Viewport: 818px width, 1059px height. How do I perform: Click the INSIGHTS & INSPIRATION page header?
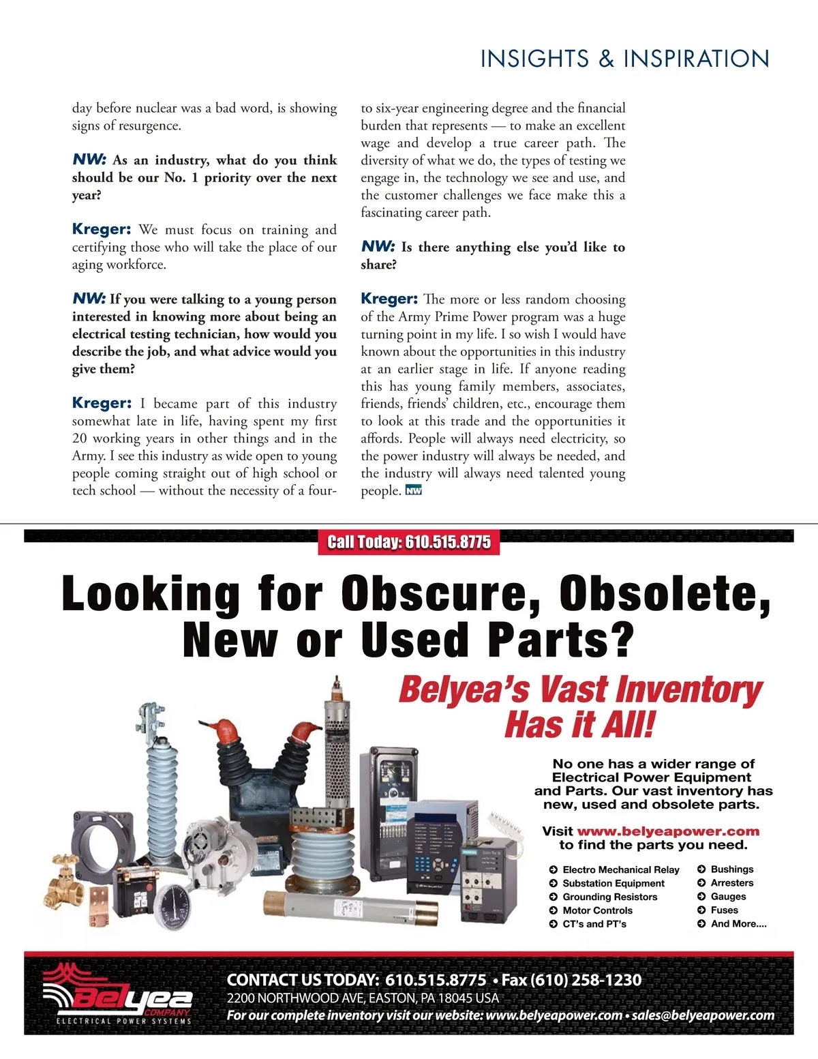click(624, 59)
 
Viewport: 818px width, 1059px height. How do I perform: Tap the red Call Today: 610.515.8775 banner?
click(409, 542)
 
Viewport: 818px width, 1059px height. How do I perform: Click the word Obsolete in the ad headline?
click(665, 593)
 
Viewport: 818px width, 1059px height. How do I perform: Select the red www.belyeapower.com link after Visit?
click(668, 831)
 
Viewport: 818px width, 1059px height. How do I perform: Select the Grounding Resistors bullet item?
click(609, 897)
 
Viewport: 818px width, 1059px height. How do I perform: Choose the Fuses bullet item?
click(724, 910)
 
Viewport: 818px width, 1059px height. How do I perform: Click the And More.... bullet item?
click(738, 924)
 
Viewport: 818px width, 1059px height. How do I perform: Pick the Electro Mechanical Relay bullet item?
click(620, 869)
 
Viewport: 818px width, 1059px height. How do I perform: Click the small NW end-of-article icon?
click(414, 490)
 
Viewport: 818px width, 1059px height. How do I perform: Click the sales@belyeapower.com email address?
click(703, 1015)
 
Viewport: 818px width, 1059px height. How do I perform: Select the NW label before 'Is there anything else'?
click(378, 247)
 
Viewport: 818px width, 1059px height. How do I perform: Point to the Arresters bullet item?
click(731, 883)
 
